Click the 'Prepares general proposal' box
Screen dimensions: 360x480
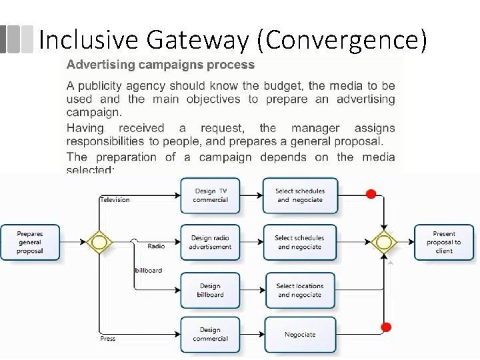(30, 241)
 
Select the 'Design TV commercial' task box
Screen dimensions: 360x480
(210, 195)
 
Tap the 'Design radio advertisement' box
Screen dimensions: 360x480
(210, 242)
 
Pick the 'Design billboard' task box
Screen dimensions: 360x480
(210, 290)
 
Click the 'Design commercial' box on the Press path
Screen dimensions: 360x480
(210, 334)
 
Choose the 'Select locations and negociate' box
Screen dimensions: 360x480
(299, 290)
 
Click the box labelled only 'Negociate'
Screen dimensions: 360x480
(299, 335)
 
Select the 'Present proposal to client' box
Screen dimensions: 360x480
(444, 242)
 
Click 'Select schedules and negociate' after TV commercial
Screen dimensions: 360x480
(299, 195)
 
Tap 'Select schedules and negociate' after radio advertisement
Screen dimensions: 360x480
(299, 242)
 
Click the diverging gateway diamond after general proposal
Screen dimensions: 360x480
(99, 242)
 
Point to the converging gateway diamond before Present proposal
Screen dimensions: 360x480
(384, 242)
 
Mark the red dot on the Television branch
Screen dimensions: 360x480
(371, 195)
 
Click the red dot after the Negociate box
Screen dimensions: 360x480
(385, 327)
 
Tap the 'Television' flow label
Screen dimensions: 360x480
(115, 199)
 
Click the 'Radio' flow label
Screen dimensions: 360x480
(156, 246)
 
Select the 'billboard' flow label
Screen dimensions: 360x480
(148, 270)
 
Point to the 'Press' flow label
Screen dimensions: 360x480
(107, 339)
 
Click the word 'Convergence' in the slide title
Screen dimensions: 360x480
(345, 41)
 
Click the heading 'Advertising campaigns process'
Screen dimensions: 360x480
(160, 65)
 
